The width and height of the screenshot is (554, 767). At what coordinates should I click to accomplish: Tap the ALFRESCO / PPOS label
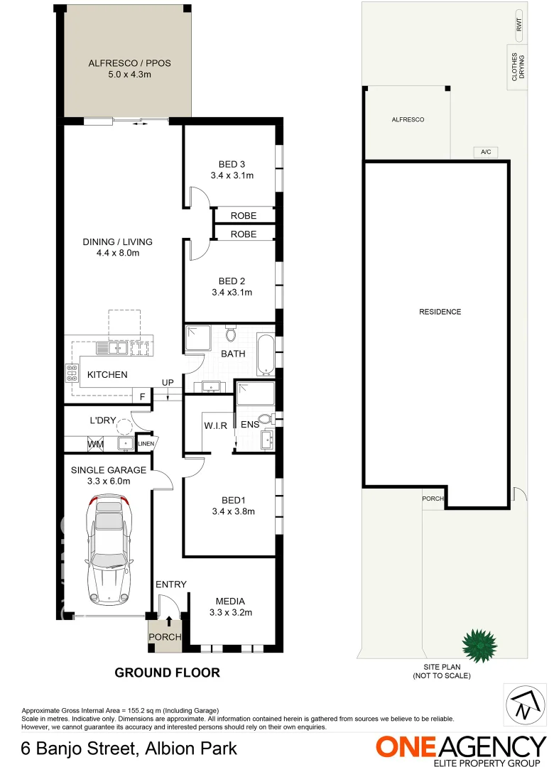129,68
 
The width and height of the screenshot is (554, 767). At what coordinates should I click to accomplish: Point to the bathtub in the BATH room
265,354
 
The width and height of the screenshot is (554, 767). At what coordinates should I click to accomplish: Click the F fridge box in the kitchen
143,397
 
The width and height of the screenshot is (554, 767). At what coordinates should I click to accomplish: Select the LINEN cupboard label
146,444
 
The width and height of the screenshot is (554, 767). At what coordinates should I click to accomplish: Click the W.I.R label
215,426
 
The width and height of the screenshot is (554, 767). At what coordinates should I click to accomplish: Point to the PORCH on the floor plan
165,636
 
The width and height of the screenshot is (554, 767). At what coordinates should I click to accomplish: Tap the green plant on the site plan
478,645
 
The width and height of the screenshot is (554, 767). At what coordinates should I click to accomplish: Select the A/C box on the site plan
486,152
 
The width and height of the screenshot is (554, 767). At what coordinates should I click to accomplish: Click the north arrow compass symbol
523,705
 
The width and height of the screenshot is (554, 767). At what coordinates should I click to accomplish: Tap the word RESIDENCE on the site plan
440,312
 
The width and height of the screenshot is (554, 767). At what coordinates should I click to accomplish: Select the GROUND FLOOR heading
168,672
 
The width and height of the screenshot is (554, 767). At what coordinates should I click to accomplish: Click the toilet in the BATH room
230,334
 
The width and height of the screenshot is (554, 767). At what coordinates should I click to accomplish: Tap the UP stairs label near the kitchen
168,383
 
